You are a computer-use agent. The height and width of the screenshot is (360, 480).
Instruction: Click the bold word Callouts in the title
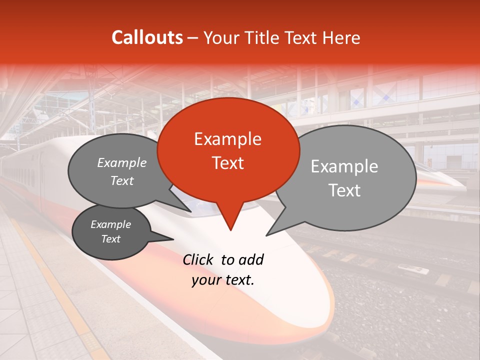[147, 37]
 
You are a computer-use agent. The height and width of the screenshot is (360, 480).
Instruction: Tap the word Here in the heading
[340, 37]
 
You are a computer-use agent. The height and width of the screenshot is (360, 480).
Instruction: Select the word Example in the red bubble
[227, 139]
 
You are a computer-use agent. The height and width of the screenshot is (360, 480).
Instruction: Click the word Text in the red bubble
[227, 163]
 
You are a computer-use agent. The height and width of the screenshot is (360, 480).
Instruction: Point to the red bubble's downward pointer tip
[230, 230]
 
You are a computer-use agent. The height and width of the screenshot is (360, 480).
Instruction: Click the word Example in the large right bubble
[344, 166]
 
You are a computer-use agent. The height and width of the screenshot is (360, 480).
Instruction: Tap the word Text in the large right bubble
[344, 190]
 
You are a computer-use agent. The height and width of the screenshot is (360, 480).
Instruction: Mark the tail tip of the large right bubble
[266, 235]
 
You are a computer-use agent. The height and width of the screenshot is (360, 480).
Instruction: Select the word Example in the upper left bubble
[121, 162]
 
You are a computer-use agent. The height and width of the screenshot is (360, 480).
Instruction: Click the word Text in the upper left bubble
[121, 180]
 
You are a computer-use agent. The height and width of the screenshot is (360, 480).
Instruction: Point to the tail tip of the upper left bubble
[190, 211]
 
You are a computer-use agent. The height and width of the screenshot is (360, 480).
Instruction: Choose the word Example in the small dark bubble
[110, 224]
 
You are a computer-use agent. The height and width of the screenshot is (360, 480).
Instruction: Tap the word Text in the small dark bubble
[110, 239]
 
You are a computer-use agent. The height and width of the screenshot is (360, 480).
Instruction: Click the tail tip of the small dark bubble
[173, 239]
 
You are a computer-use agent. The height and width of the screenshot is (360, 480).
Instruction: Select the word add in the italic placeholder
[250, 259]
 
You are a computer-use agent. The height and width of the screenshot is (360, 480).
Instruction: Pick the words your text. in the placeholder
[223, 280]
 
